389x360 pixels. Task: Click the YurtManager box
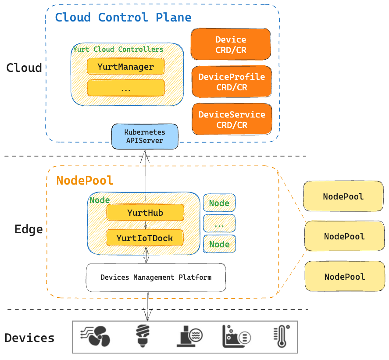pos(125,67)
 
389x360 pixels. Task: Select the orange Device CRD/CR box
pos(231,44)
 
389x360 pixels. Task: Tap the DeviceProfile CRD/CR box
pos(232,82)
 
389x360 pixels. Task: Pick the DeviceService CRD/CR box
pos(232,120)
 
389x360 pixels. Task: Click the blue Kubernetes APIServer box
pos(145,136)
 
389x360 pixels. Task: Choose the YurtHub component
pos(145,213)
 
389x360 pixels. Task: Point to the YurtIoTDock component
pos(145,238)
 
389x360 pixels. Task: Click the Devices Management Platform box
pos(156,278)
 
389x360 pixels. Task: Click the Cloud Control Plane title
pos(123,18)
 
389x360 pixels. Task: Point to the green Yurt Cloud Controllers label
pos(118,49)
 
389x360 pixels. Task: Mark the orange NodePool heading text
pos(85,180)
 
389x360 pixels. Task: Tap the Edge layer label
pos(29,229)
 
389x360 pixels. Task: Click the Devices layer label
pos(29,338)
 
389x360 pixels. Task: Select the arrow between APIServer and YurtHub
pos(145,175)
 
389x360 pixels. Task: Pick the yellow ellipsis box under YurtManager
pos(125,88)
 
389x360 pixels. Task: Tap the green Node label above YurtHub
pos(100,200)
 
